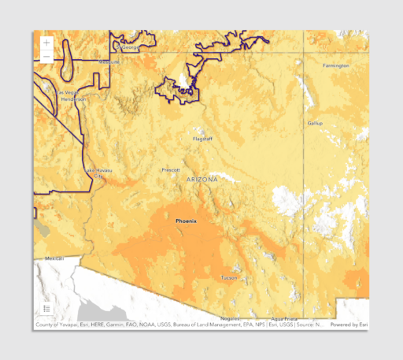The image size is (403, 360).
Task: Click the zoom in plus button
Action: click(46, 43)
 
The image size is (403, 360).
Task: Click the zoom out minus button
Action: click(46, 57)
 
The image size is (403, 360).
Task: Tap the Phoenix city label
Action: click(187, 221)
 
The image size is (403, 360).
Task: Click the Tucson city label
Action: click(228, 277)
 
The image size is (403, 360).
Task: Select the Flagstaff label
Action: click(203, 139)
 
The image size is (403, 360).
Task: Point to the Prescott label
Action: click(171, 169)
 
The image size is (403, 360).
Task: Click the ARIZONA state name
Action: click(202, 180)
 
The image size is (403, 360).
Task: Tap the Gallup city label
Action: click(315, 124)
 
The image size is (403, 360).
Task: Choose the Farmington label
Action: click(336, 65)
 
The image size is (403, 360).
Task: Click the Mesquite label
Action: click(109, 61)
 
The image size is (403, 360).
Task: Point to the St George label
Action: click(129, 47)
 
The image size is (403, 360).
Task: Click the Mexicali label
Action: click(54, 258)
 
